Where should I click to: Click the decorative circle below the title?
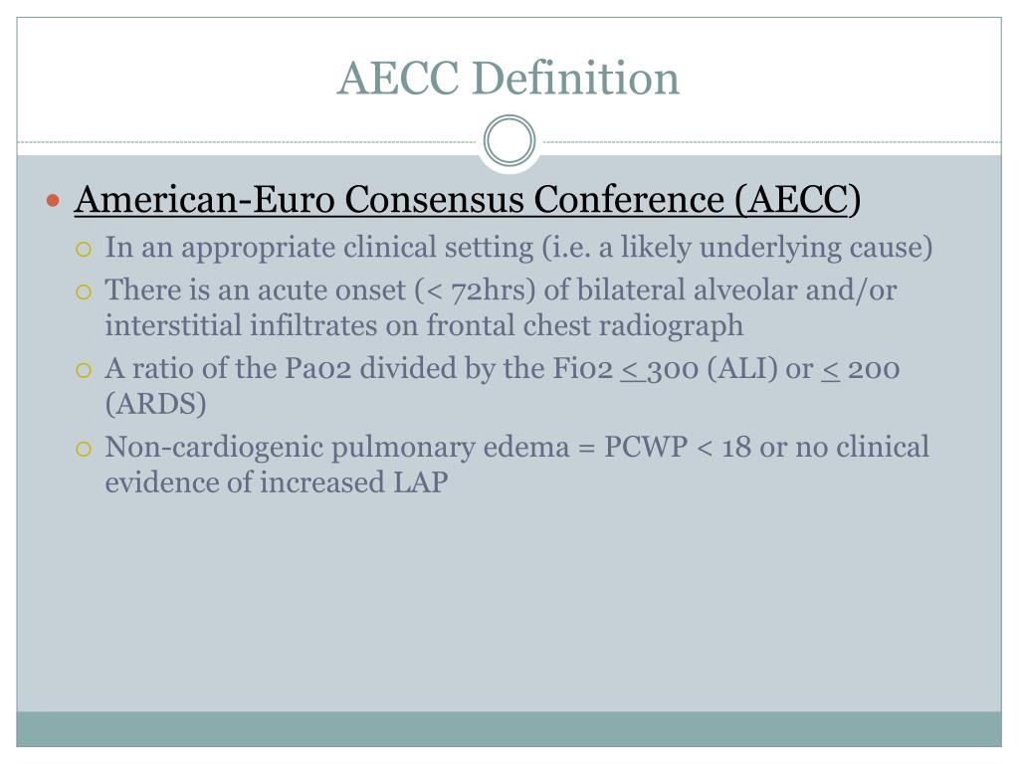(x=509, y=141)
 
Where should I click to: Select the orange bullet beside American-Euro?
(x=55, y=200)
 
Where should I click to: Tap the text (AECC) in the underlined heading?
(x=798, y=200)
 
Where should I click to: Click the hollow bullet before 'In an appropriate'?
(x=85, y=248)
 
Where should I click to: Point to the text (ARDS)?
(x=156, y=404)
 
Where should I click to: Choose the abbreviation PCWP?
(x=645, y=448)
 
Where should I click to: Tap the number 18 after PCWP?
(x=736, y=448)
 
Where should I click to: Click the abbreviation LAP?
(x=423, y=482)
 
